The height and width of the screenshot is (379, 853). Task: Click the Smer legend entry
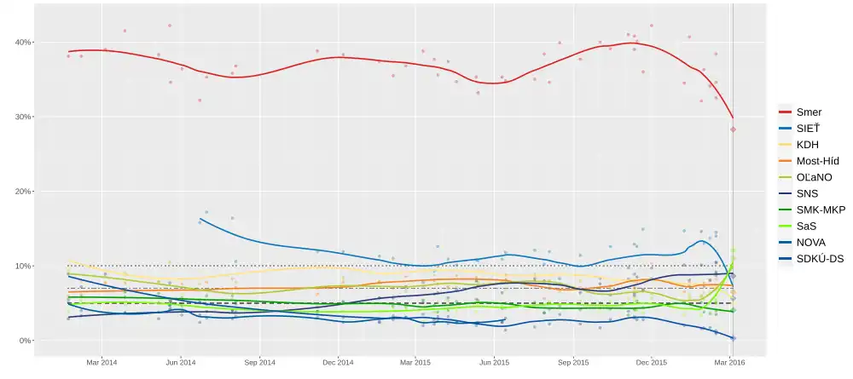click(809, 112)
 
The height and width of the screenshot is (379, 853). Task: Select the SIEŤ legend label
click(807, 127)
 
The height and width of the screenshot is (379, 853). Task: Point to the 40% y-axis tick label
click(22, 43)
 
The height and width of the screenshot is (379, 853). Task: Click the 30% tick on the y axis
click(22, 117)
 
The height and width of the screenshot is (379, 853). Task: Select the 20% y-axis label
click(22, 192)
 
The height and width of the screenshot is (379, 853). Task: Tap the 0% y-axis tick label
click(25, 341)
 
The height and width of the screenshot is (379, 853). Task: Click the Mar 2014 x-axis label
click(102, 362)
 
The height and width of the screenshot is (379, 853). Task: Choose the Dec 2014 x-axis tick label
click(338, 362)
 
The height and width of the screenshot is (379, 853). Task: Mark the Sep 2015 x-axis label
click(572, 362)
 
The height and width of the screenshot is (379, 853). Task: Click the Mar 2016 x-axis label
click(731, 362)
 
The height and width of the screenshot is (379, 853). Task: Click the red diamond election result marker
click(733, 129)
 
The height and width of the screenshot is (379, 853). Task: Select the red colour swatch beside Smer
click(786, 112)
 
